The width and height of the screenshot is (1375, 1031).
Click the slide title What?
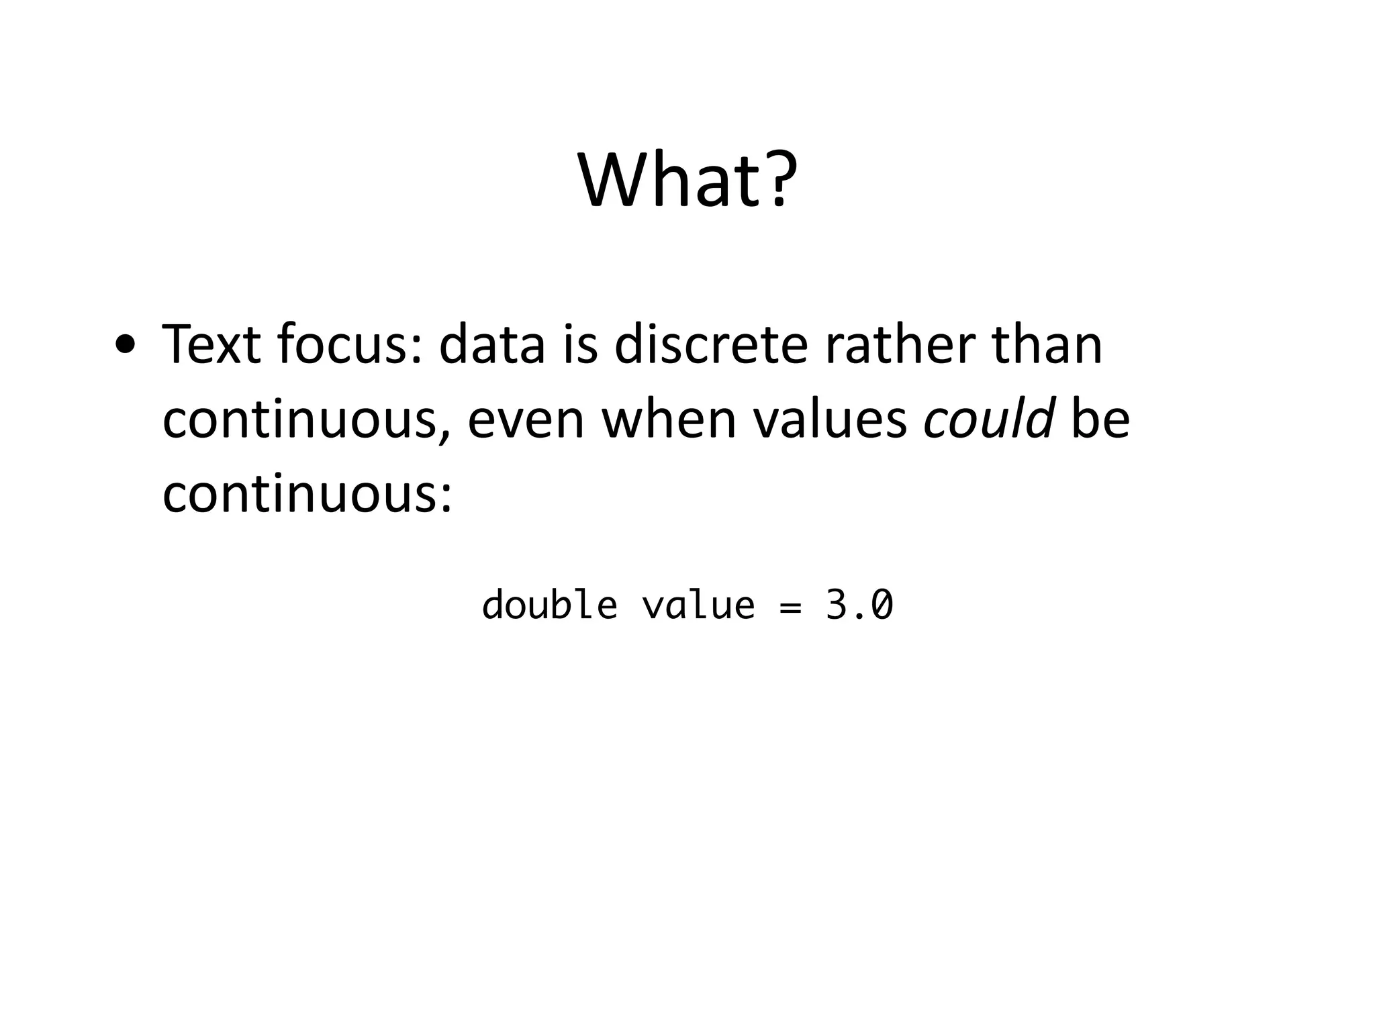(687, 180)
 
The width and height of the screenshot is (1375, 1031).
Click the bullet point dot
(126, 346)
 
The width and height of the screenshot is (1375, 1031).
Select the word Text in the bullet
(211, 345)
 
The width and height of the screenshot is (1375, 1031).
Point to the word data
(492, 345)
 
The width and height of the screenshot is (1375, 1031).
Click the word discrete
(711, 345)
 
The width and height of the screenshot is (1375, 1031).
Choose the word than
(1047, 345)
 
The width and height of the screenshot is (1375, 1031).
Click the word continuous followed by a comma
(307, 420)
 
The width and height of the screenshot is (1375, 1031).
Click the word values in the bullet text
(831, 420)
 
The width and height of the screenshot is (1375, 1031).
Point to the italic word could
(988, 420)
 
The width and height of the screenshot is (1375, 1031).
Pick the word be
(1100, 420)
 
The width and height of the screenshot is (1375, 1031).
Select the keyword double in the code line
(550, 605)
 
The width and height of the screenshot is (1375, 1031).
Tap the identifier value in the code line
(698, 605)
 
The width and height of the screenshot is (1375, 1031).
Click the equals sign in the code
(791, 606)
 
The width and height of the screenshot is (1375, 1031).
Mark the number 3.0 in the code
(859, 605)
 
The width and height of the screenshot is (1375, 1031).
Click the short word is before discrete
(579, 345)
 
